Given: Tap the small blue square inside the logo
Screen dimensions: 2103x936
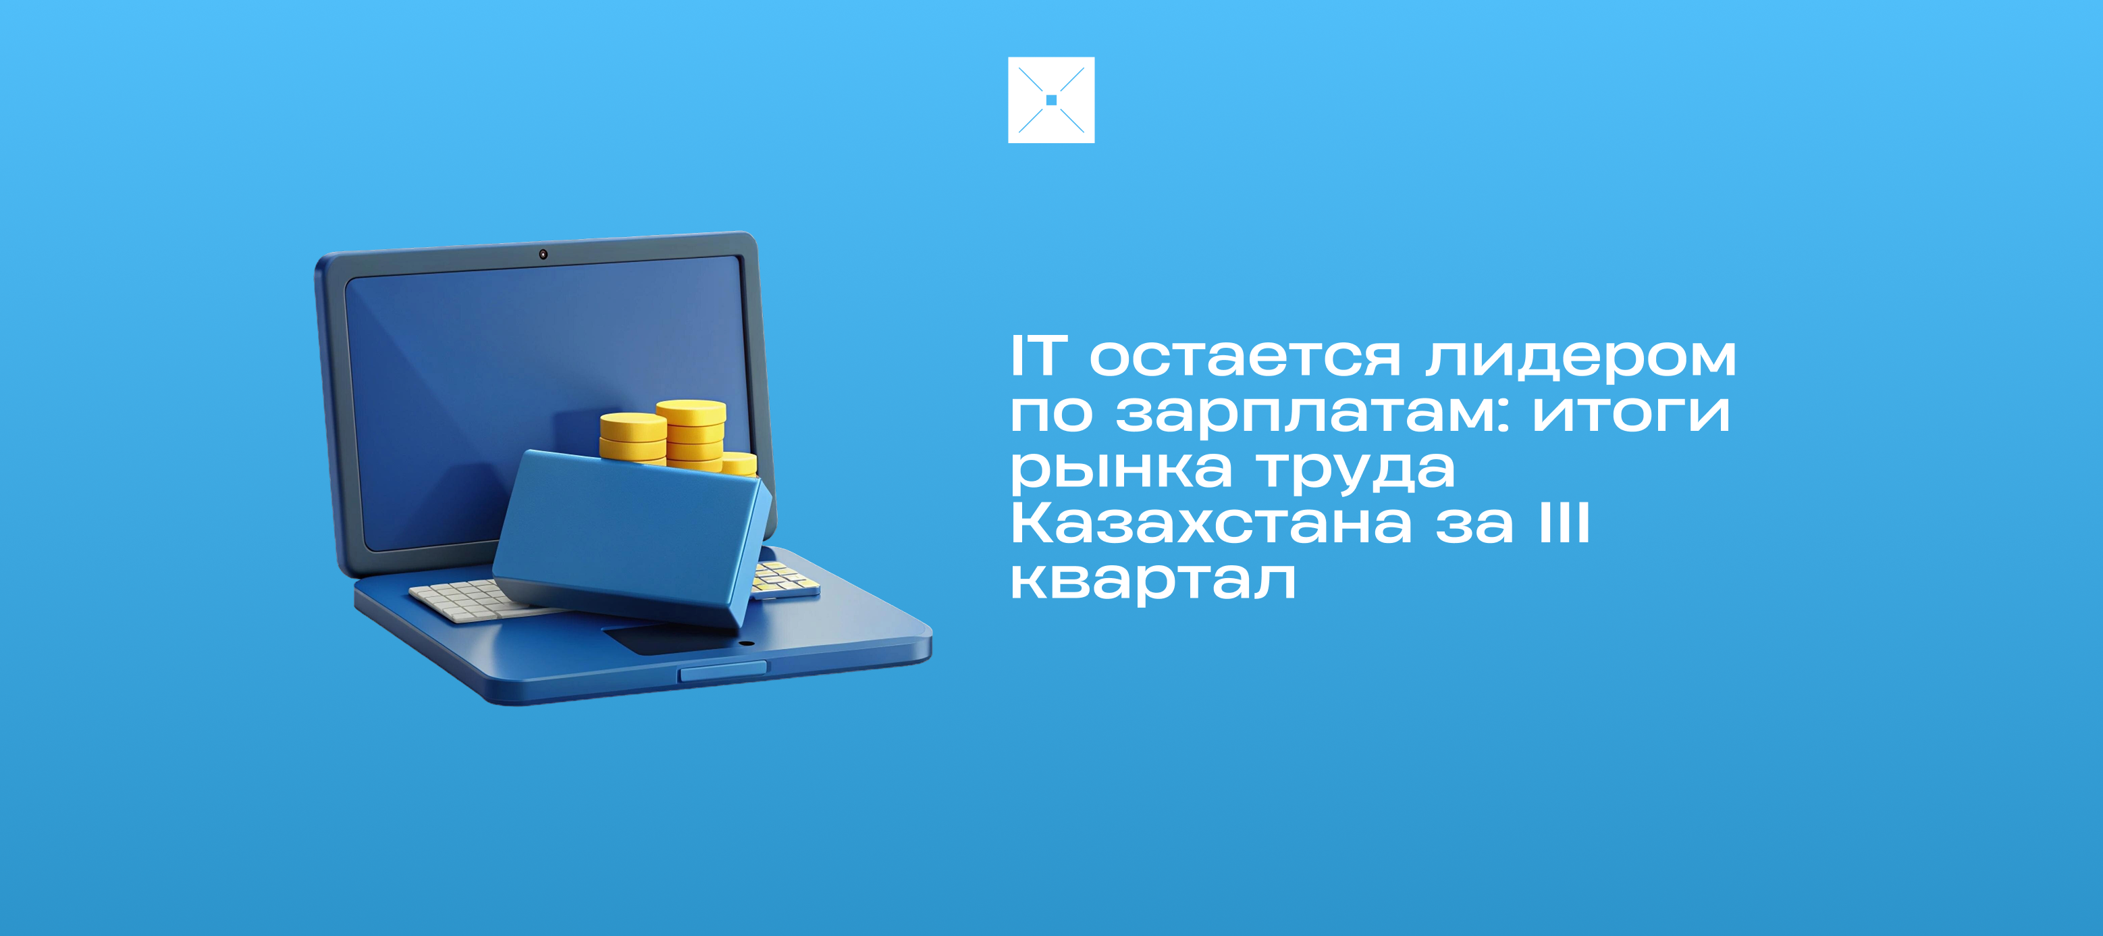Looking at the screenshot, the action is (1052, 100).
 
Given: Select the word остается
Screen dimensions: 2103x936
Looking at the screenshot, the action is (1246, 358).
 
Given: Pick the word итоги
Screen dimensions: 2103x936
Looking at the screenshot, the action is (1631, 413).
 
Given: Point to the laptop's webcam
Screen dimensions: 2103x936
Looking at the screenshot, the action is (543, 255).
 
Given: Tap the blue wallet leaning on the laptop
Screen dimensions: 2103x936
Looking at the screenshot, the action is (633, 537).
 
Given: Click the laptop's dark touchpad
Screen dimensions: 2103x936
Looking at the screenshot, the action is (670, 639).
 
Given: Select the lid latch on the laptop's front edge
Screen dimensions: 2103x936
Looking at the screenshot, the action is (723, 671).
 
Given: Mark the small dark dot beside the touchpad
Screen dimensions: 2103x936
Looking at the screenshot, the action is (746, 644).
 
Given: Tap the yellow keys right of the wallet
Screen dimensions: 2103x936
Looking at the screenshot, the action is (783, 577).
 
